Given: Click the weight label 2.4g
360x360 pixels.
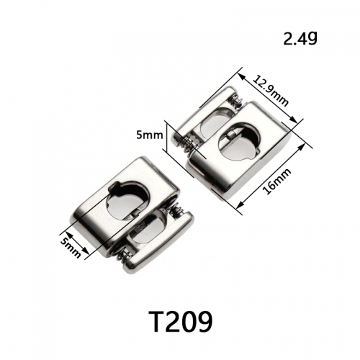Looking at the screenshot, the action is click(300, 39).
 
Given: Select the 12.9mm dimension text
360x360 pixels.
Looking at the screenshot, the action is click(271, 91).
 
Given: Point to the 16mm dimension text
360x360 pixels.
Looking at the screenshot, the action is click(276, 181).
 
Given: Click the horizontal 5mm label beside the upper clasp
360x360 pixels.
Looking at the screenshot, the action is click(150, 135).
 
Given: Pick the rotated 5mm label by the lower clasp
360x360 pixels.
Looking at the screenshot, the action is click(71, 248).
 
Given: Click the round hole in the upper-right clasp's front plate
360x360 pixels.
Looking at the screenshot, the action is click(240, 141).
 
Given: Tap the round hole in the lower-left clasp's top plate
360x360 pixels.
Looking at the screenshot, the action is click(127, 199).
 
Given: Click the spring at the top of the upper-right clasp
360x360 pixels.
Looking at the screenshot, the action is click(235, 100).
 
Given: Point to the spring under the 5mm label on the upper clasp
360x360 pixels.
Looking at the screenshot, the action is click(188, 145).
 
